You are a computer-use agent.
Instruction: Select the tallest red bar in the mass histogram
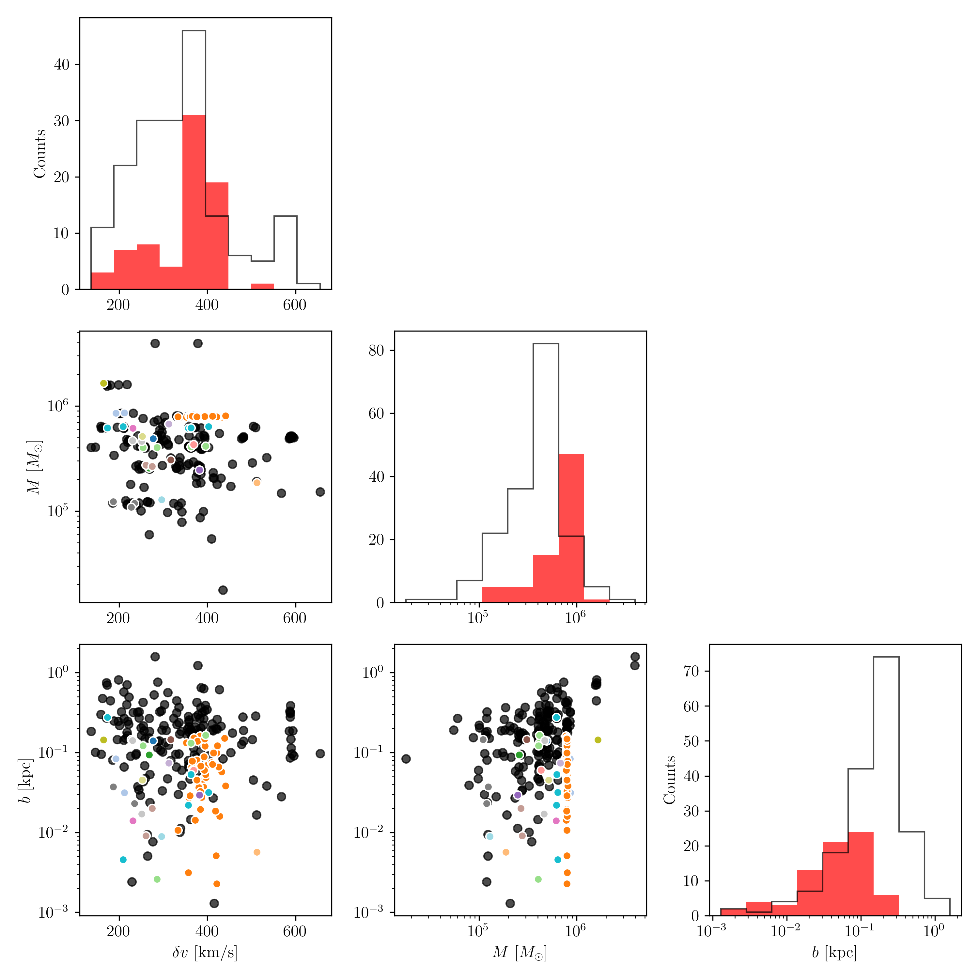[x=571, y=527]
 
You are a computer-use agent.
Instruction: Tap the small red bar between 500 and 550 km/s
[x=262, y=286]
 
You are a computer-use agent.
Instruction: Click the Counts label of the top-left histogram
[x=39, y=153]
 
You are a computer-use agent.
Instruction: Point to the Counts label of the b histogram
[x=670, y=780]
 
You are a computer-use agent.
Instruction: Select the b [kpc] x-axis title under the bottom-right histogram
[x=834, y=952]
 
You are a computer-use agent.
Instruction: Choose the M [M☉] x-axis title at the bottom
[x=520, y=952]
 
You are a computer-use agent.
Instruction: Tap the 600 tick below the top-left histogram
[x=294, y=305]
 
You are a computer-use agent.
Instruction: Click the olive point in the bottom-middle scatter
[x=598, y=740]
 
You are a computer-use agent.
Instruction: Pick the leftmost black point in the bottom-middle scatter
[x=406, y=759]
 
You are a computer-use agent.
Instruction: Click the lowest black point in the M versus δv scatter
[x=223, y=590]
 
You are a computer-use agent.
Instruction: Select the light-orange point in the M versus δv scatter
[x=257, y=482]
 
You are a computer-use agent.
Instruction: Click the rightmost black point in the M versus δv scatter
[x=320, y=491]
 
